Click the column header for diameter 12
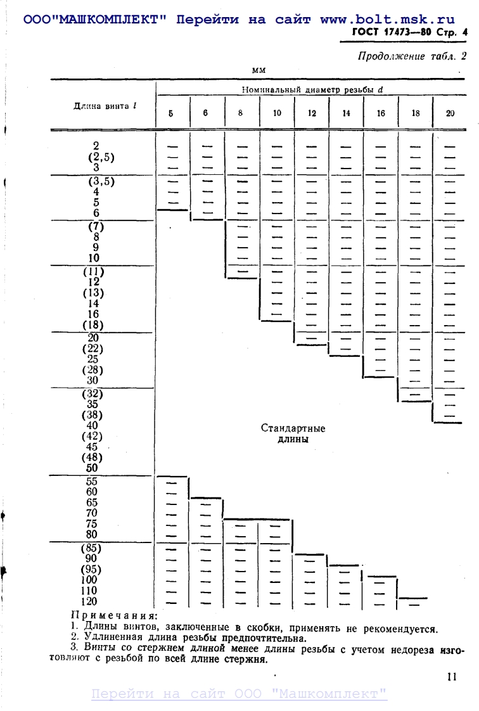312,113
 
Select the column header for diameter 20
450,113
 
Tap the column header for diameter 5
171,113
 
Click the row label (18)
93,325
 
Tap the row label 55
92,481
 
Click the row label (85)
93,548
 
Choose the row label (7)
93,226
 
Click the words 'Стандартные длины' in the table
293,434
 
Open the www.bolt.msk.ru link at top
388,19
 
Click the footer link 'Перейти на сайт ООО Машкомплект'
239,694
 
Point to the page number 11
451,677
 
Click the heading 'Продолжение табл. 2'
412,56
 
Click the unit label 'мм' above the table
259,69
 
